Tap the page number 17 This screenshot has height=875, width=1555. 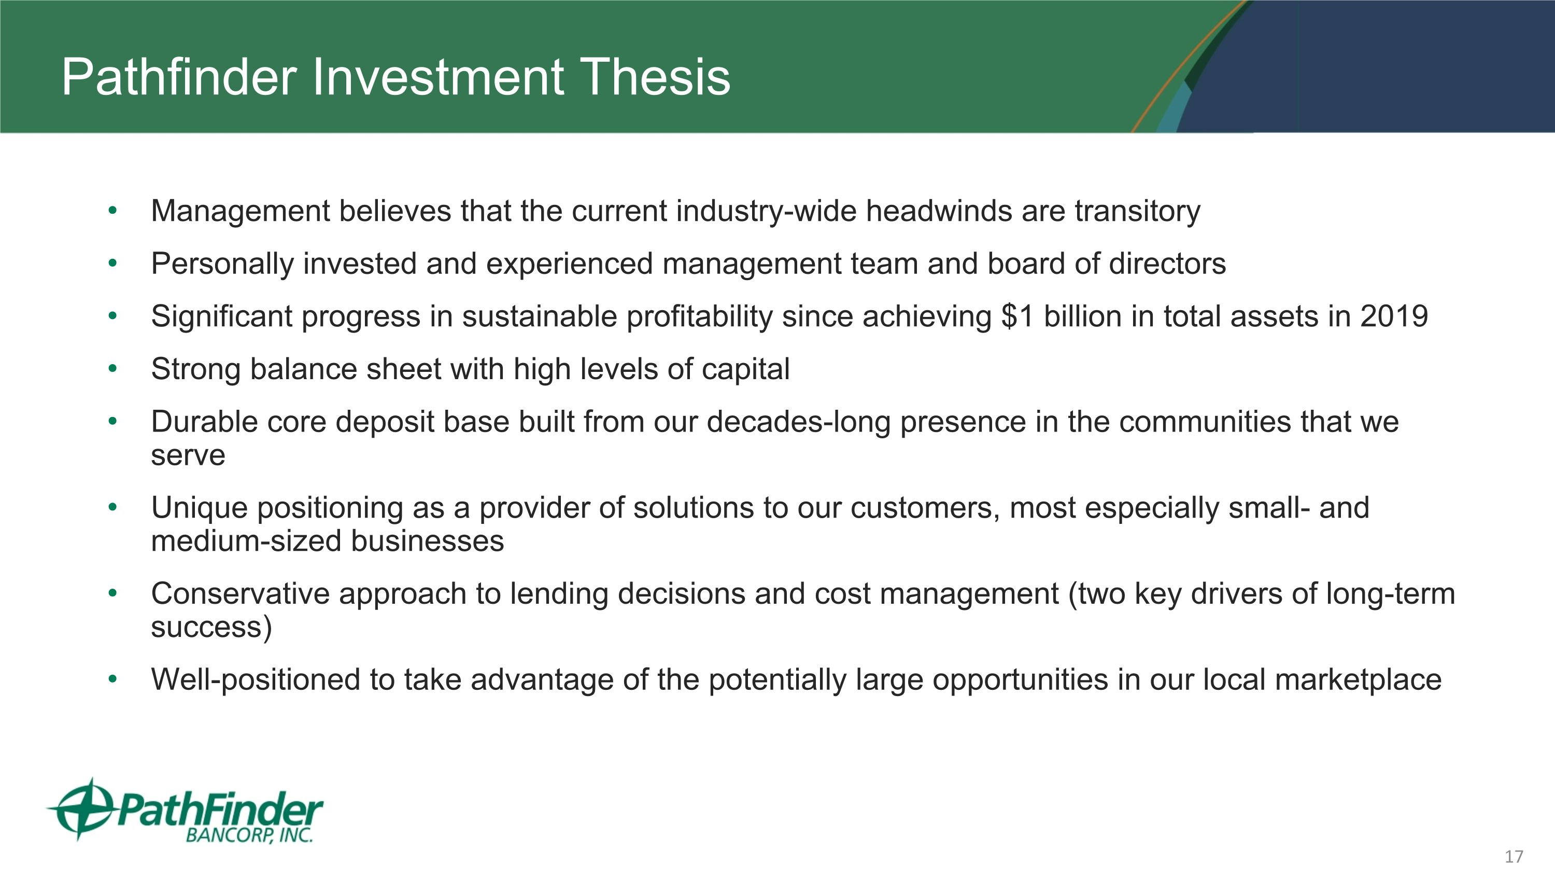coord(1514,856)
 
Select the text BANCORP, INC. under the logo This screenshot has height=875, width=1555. coord(249,835)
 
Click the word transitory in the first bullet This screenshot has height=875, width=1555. coord(1137,211)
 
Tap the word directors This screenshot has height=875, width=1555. coord(1167,264)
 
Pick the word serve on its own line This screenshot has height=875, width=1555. coord(188,455)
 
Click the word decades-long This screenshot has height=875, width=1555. coord(798,422)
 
